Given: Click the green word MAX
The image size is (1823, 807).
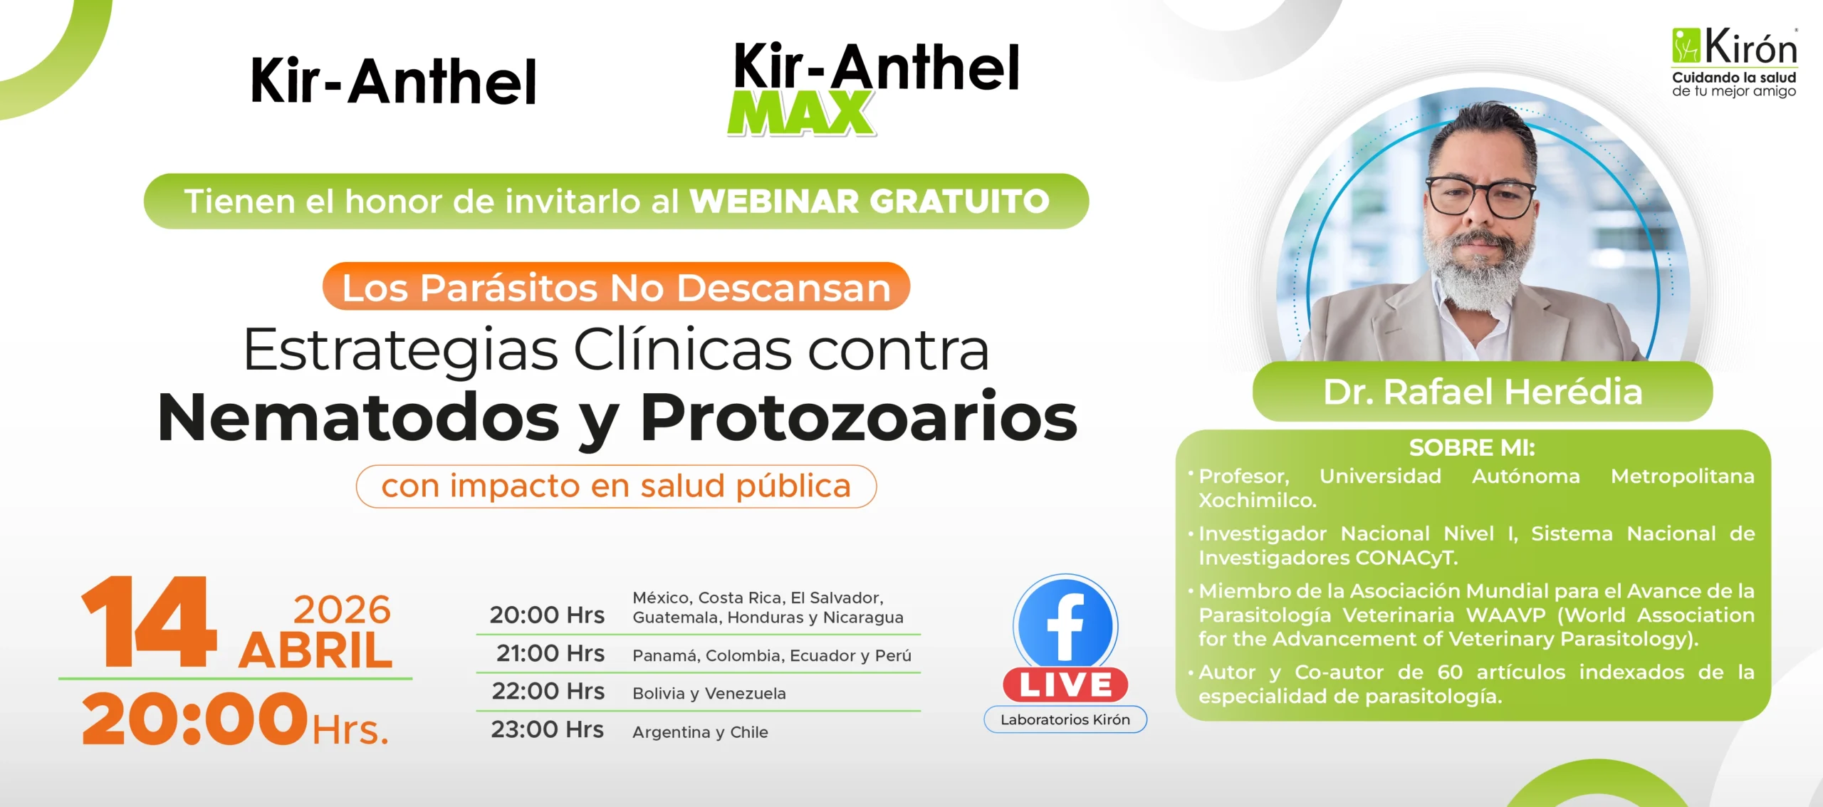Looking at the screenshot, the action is pos(801,113).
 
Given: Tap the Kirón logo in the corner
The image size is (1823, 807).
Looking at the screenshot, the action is pos(1734,62).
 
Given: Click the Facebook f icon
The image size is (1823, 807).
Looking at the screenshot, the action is pos(1065,624).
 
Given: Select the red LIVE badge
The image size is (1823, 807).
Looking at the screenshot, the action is pos(1065,685).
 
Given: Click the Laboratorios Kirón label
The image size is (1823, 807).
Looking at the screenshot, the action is pos(1065,719).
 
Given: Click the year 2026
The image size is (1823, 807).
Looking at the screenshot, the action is pos(342,610).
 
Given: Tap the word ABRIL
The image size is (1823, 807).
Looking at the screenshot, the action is pos(315,651).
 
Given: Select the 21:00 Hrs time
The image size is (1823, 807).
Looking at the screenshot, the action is pos(550,653).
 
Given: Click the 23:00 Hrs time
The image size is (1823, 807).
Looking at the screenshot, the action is pos(548,729).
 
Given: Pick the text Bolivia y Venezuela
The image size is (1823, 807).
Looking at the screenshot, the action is pos(709,694).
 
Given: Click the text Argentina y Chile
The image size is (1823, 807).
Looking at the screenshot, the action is pos(700,732).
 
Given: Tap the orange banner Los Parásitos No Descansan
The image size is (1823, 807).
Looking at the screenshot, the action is pos(616,287).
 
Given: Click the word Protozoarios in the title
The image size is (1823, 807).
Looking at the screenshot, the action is pos(859,417).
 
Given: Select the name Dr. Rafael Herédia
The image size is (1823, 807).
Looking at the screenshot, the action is pos(1483,392).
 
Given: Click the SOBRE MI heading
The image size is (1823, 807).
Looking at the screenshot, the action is pos(1472,447).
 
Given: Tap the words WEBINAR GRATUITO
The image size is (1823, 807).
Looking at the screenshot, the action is pos(869,202).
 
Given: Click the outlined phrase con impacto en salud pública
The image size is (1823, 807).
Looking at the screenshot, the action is pos(616,486).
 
